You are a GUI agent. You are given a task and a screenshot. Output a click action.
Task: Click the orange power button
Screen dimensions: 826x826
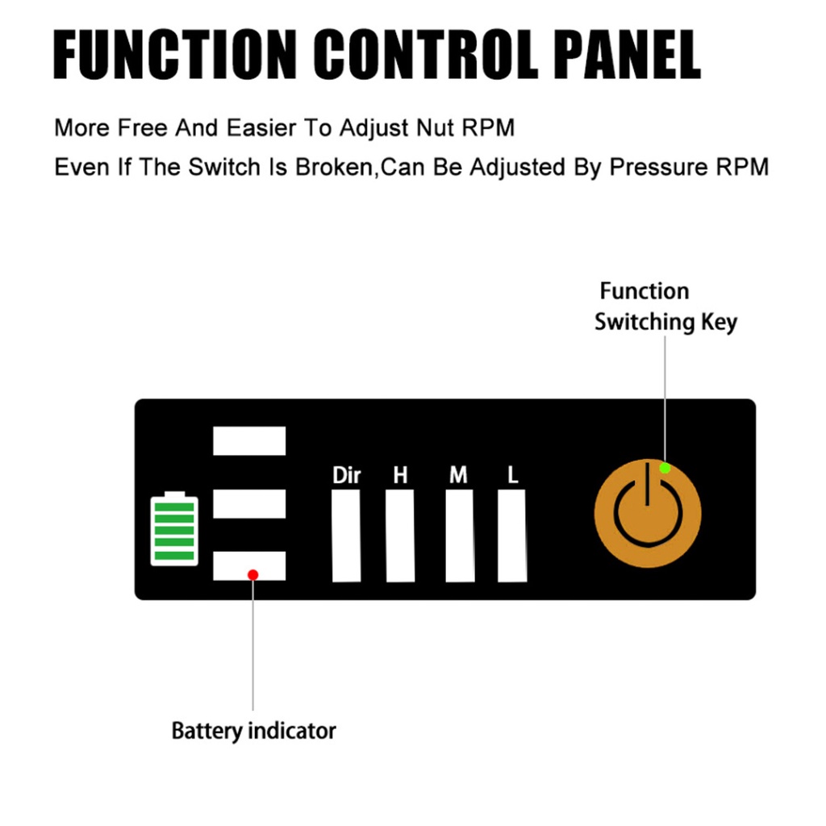pyautogui.click(x=648, y=514)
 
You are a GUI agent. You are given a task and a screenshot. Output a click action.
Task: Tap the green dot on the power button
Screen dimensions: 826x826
pyautogui.click(x=665, y=468)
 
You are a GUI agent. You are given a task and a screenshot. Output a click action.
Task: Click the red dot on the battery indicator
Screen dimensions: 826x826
pyautogui.click(x=252, y=574)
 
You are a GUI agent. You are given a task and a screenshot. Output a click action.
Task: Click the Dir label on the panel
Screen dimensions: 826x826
pyautogui.click(x=347, y=475)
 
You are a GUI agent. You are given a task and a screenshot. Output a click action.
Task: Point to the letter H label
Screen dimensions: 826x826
pyautogui.click(x=400, y=475)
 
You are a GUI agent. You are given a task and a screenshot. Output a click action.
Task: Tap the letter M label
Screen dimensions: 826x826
pyautogui.click(x=458, y=475)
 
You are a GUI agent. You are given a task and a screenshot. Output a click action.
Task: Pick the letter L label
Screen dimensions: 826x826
pyautogui.click(x=512, y=475)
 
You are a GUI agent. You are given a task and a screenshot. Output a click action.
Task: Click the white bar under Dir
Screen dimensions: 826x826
pyautogui.click(x=346, y=536)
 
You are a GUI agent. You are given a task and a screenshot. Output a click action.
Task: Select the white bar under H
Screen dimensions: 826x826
pyautogui.click(x=400, y=536)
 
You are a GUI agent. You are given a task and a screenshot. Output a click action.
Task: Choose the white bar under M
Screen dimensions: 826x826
pyautogui.click(x=460, y=536)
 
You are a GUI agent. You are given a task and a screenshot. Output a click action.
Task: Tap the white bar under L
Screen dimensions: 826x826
pyautogui.click(x=512, y=536)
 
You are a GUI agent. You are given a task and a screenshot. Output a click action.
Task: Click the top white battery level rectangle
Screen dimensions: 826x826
pyautogui.click(x=249, y=441)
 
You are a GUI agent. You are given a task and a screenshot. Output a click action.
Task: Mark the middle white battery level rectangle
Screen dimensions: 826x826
pyautogui.click(x=249, y=504)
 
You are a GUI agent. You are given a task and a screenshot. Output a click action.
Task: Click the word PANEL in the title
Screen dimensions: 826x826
pyautogui.click(x=627, y=55)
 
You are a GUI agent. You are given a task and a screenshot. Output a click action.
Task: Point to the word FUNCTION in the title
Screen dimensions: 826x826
pyautogui.click(x=175, y=55)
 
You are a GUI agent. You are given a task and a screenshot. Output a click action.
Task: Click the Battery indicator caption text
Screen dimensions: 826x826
pyautogui.click(x=253, y=731)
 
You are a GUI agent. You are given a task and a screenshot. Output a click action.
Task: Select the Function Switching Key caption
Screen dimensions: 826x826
pyautogui.click(x=665, y=307)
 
